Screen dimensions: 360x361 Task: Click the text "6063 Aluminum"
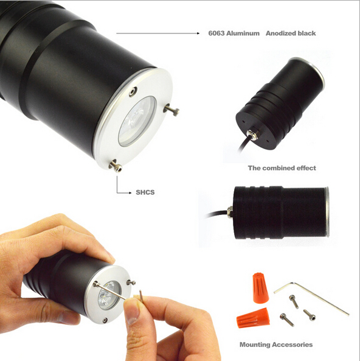point(234,33)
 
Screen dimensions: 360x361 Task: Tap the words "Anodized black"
point(291,33)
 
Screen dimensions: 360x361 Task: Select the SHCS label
point(145,192)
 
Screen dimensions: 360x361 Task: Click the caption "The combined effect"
point(282,168)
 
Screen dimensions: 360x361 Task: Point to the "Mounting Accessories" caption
point(276,345)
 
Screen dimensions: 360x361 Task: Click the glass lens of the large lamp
point(137,121)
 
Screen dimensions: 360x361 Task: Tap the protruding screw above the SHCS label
point(116,166)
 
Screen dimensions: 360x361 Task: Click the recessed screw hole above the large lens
point(133,92)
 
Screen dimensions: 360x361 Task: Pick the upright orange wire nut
point(261,288)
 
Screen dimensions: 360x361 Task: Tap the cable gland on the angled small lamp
point(252,135)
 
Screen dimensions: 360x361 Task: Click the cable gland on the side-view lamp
point(230,212)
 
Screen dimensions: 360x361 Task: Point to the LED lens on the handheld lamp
point(109,295)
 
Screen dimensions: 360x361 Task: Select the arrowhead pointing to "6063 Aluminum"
point(198,33)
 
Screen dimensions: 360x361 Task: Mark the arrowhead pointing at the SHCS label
point(130,193)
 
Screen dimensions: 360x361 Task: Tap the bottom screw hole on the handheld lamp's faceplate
point(105,320)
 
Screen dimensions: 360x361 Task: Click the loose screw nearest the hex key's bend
point(294,301)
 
